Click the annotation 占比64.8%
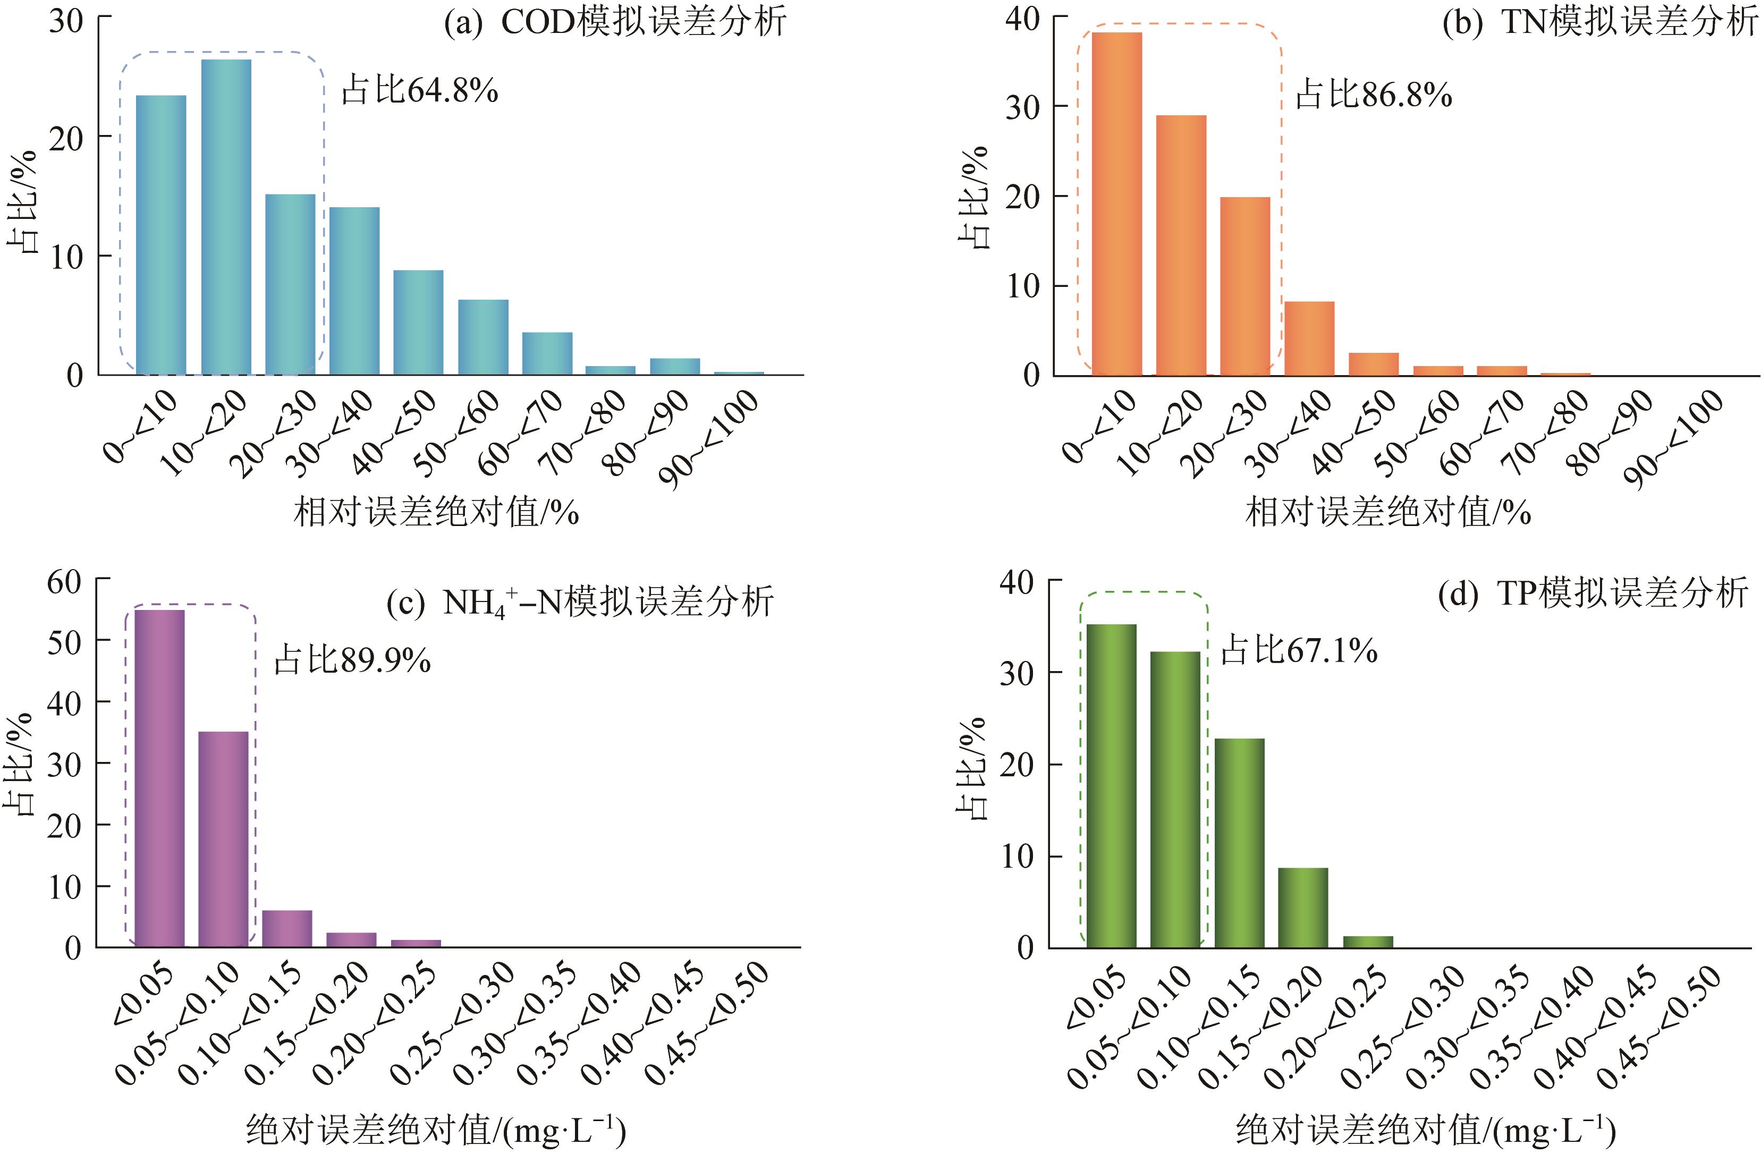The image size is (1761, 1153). [x=420, y=91]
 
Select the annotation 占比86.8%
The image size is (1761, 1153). [x=1373, y=95]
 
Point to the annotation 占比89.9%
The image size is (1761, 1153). [x=352, y=659]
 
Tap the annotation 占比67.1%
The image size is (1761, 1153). [x=1299, y=650]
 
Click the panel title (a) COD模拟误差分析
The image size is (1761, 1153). [x=615, y=23]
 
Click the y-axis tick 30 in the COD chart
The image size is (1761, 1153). [x=66, y=21]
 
